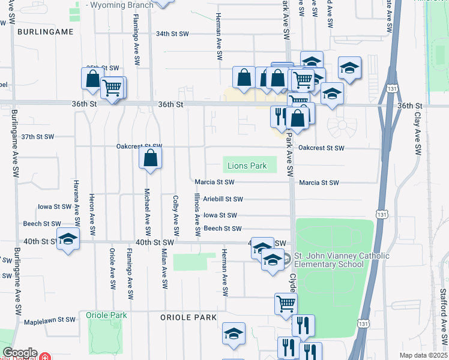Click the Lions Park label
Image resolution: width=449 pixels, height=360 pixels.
247,165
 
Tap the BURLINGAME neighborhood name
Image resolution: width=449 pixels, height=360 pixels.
45,31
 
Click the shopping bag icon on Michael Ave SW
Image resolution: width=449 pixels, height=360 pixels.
151,160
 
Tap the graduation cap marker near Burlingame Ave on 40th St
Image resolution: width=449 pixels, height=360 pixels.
68,240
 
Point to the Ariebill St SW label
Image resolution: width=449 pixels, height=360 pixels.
223,199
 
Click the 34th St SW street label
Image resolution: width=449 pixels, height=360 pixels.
172,34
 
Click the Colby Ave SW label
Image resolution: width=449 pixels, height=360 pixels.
176,214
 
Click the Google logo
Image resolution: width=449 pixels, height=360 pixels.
20,353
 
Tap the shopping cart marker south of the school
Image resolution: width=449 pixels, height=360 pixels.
286,304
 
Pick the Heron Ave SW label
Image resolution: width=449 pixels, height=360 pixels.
92,214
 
